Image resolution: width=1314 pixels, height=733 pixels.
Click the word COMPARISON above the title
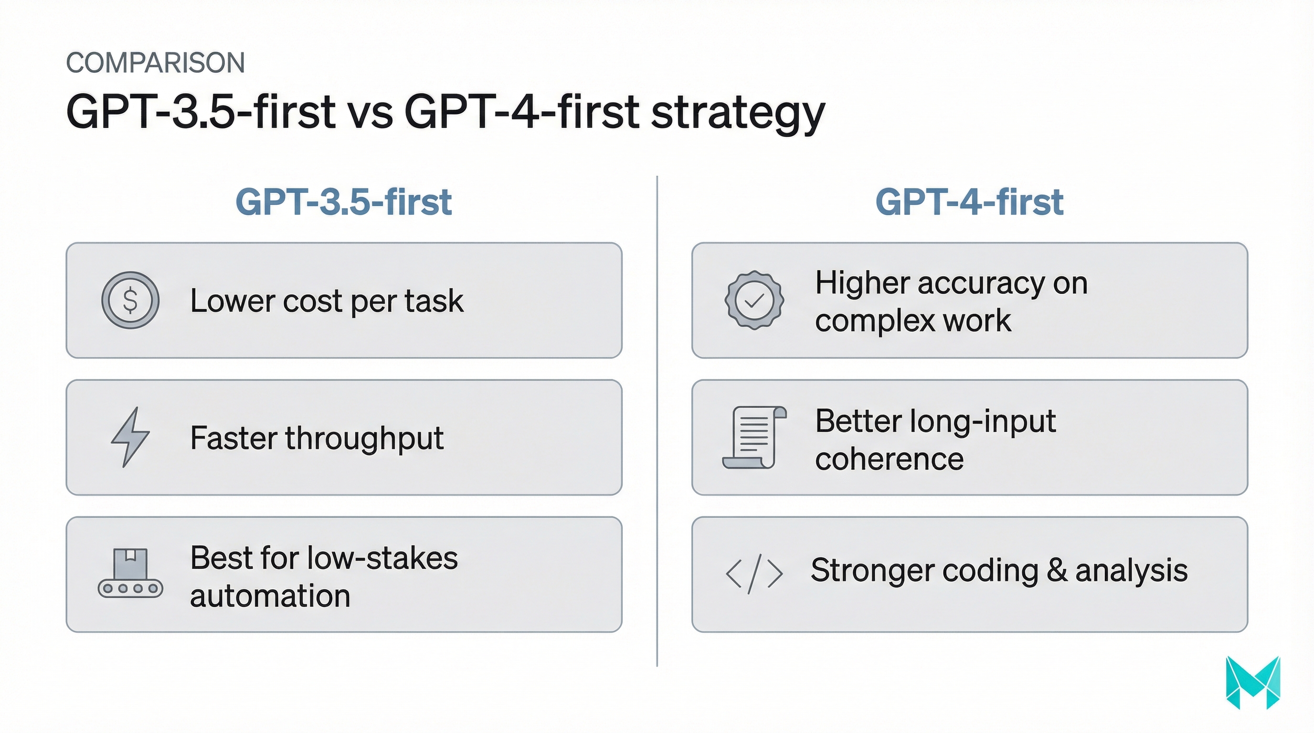tap(156, 63)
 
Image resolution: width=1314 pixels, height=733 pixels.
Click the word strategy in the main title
tap(738, 113)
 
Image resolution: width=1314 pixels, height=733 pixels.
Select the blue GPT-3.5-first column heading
tap(343, 202)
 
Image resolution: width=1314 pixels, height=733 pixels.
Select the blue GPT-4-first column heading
tap(969, 202)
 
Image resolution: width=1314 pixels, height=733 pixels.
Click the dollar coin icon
tap(130, 300)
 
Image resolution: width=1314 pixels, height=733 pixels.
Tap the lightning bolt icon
tap(130, 437)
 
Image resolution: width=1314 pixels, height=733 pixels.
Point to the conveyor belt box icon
tap(130, 574)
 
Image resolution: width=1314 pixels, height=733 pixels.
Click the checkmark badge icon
tap(754, 300)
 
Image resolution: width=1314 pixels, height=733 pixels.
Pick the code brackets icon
tap(754, 574)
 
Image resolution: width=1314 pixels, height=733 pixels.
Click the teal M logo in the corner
tap(1252, 682)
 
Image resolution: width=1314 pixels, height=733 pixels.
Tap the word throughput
tap(364, 439)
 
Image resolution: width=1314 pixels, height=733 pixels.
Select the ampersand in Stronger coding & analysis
tap(1057, 570)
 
